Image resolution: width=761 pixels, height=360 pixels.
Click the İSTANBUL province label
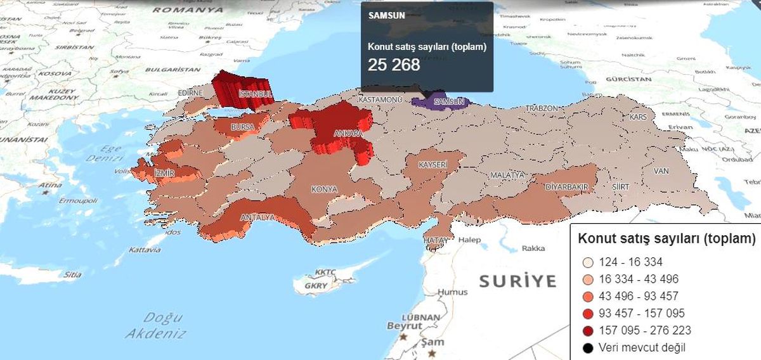[256, 94]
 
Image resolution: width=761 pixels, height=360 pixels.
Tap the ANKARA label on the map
[348, 134]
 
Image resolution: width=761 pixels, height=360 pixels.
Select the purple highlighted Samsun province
[438, 101]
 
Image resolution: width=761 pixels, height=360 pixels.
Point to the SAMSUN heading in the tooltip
[382, 15]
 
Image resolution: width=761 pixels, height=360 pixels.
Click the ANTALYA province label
[257, 217]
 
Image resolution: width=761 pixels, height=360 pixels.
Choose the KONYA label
[324, 189]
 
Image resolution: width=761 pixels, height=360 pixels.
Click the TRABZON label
[542, 108]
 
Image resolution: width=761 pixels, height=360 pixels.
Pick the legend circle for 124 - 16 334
[588, 262]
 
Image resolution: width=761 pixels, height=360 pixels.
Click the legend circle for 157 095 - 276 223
[588, 331]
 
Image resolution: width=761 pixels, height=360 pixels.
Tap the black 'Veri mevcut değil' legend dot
[588, 348]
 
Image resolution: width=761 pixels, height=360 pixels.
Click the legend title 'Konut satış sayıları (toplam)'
[667, 239]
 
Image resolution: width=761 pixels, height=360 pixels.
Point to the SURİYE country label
[517, 281]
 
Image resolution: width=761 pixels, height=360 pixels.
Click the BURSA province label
[242, 127]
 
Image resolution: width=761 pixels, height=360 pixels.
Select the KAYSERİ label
[433, 165]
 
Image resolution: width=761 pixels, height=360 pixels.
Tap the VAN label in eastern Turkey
[661, 171]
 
